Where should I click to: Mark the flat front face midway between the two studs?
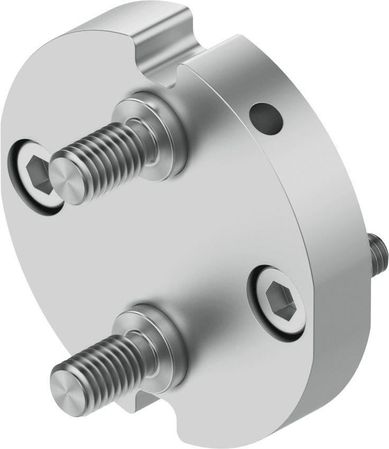pos(159,238)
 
